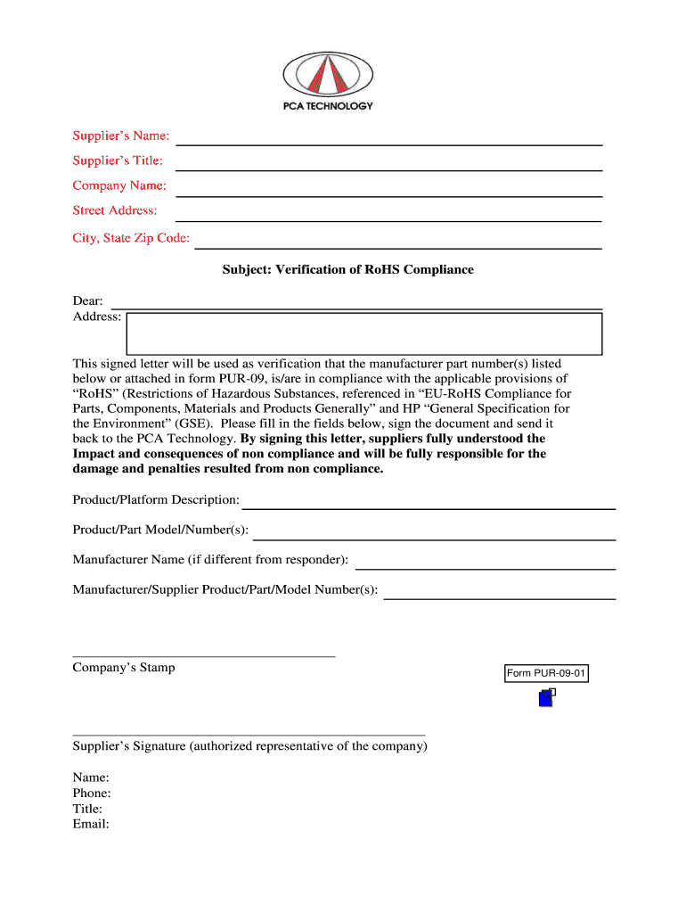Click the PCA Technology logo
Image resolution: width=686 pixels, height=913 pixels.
tap(328, 79)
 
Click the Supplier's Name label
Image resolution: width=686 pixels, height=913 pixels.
tap(120, 136)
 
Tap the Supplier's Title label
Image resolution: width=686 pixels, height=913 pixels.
tap(118, 160)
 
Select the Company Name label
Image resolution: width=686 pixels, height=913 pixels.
tap(119, 185)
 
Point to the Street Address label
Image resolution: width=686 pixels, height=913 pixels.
tap(115, 210)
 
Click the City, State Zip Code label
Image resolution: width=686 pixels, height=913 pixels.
tap(131, 238)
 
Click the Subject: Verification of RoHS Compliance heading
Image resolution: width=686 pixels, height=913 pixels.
tap(348, 269)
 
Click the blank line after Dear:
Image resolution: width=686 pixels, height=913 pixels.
tap(356, 303)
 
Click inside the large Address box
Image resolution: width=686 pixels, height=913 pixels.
tap(364, 333)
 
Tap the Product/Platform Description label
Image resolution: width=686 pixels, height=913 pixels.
tap(156, 499)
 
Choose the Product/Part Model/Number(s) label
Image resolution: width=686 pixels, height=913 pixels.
tap(160, 531)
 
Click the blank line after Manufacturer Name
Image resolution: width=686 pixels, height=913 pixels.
tap(486, 563)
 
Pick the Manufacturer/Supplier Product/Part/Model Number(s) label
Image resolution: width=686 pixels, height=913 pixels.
tap(225, 589)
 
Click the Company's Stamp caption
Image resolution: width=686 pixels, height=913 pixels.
tap(124, 668)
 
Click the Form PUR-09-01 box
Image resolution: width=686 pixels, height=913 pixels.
tap(546, 674)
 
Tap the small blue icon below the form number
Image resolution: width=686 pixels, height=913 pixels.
tap(547, 698)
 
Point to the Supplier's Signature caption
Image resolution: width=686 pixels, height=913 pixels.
tap(249, 746)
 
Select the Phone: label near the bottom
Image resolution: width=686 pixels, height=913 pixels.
tap(92, 794)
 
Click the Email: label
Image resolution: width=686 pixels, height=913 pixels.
tap(91, 825)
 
